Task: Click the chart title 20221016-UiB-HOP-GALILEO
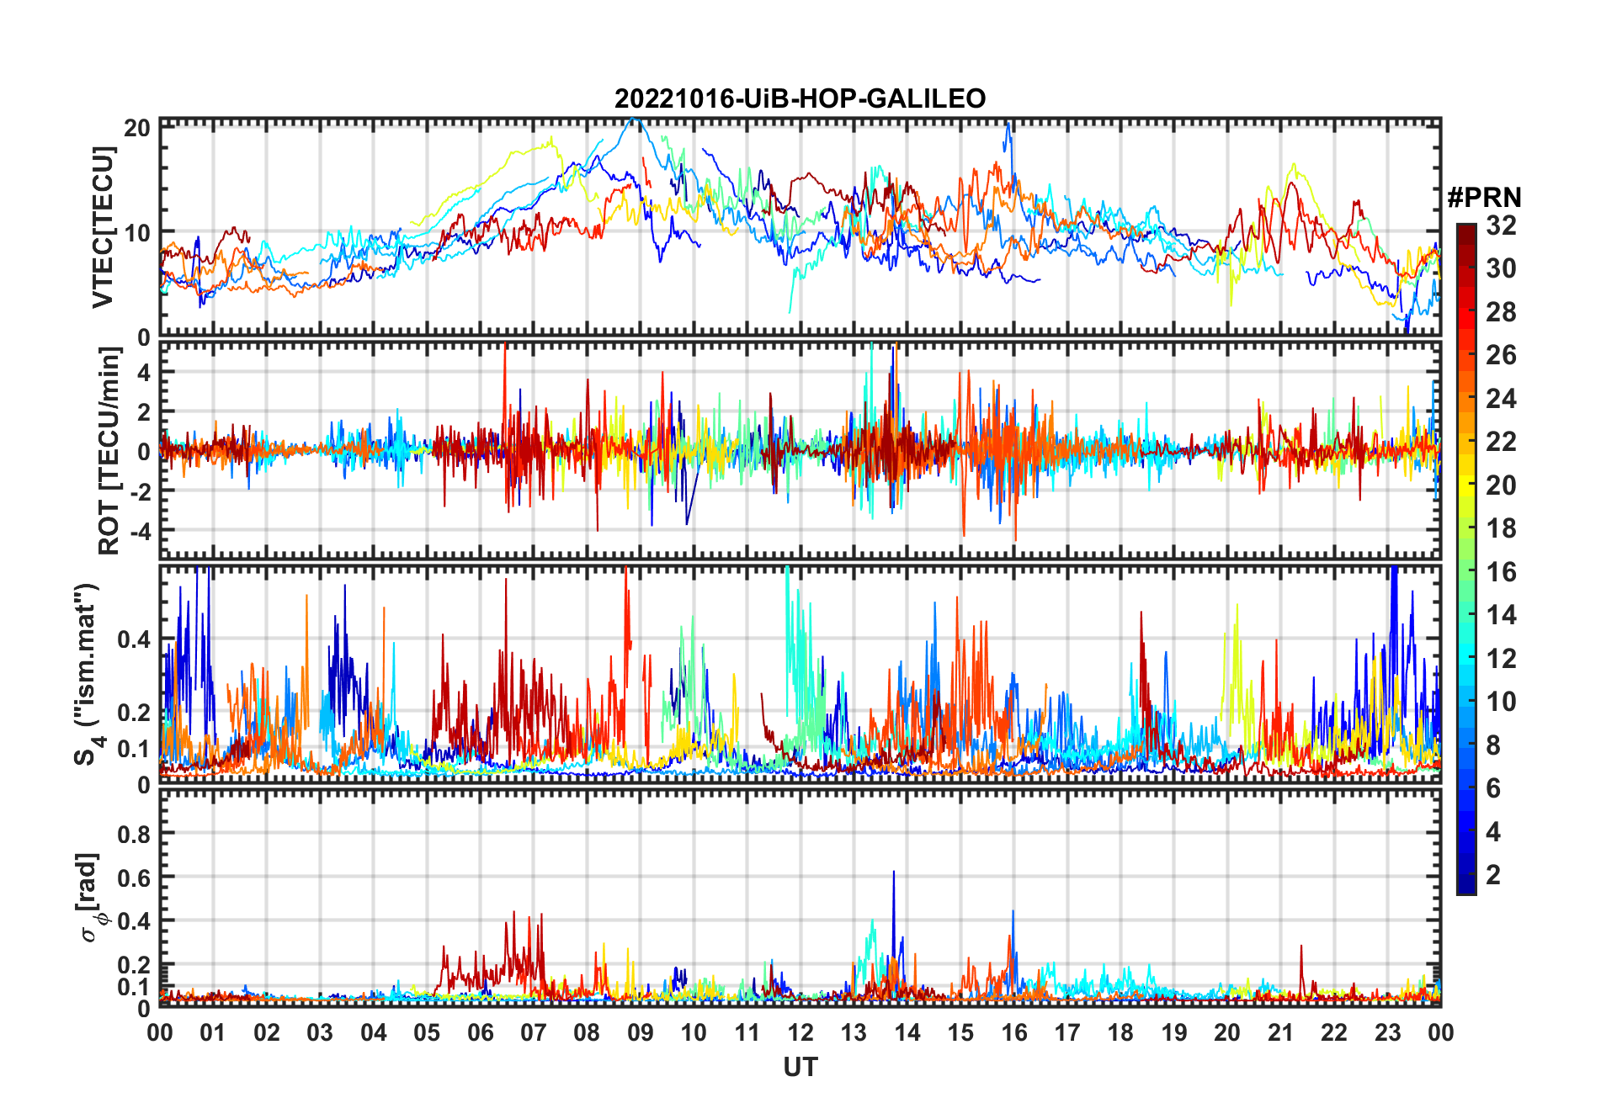pyautogui.click(x=800, y=98)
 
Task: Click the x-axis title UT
pyautogui.click(x=800, y=1067)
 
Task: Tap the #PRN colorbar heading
pyautogui.click(x=1484, y=198)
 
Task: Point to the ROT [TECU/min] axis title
pyautogui.click(x=109, y=451)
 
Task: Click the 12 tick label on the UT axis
pyautogui.click(x=800, y=1032)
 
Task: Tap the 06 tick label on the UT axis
pyautogui.click(x=481, y=1032)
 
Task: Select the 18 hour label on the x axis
pyautogui.click(x=1120, y=1032)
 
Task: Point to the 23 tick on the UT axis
pyautogui.click(x=1387, y=1032)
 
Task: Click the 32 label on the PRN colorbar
pyautogui.click(x=1501, y=225)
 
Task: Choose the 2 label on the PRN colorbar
pyautogui.click(x=1493, y=875)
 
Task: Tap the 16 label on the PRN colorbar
pyautogui.click(x=1501, y=572)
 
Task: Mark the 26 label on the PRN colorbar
pyautogui.click(x=1501, y=355)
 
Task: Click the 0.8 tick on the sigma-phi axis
pyautogui.click(x=134, y=834)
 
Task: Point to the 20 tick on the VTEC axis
pyautogui.click(x=137, y=128)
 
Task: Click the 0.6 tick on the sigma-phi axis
pyautogui.click(x=134, y=878)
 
